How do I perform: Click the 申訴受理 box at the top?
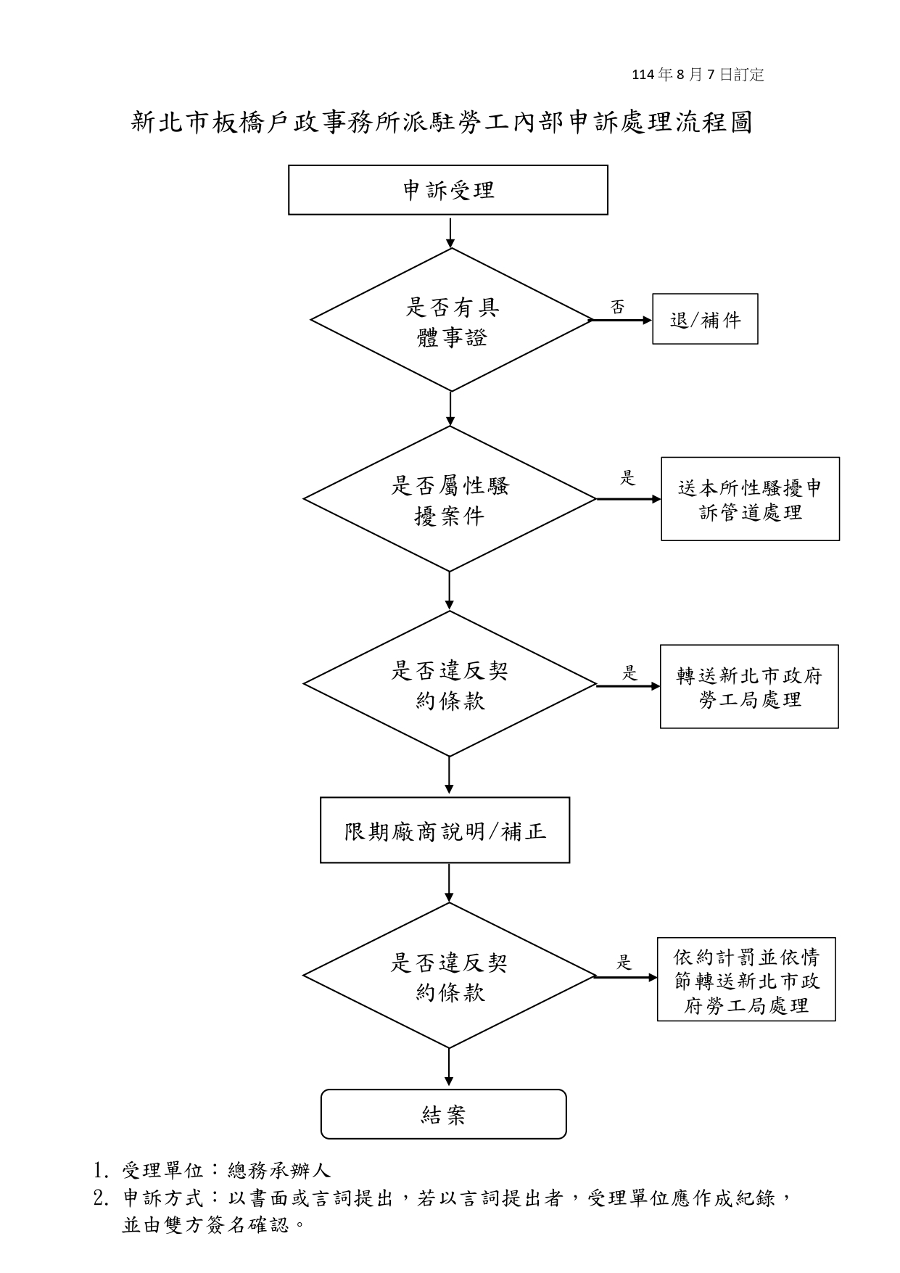click(447, 190)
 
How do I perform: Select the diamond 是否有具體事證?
click(451, 321)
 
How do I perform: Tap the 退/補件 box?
click(705, 319)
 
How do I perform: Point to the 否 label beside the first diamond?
click(617, 308)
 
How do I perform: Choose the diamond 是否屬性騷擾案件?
click(450, 499)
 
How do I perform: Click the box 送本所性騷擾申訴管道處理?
click(750, 499)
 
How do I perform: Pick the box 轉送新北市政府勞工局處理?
click(749, 687)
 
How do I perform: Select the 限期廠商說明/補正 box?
click(445, 831)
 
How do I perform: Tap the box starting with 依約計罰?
click(746, 980)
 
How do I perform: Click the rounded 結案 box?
click(443, 1114)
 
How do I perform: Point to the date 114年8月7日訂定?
click(698, 75)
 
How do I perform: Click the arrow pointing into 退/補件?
click(622, 320)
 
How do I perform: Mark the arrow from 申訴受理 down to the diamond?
click(450, 232)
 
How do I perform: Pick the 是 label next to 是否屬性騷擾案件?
click(627, 478)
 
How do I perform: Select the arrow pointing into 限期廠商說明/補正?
click(449, 777)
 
